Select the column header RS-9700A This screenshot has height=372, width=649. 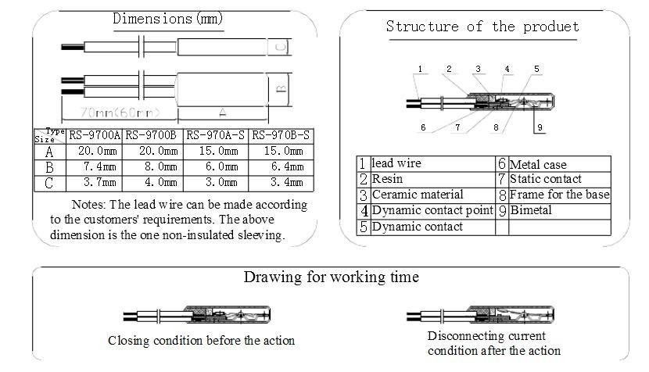95,135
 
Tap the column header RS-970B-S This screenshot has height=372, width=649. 281,135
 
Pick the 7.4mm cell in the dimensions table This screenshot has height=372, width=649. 95,166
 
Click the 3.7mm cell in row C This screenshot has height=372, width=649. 95,182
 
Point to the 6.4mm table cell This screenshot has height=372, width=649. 281,166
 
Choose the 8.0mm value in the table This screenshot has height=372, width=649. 152,166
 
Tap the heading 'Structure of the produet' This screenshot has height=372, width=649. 482,27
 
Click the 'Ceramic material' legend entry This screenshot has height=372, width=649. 417,195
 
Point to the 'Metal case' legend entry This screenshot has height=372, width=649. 537,164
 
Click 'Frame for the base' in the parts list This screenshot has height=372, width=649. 559,195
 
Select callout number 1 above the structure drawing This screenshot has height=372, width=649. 419,70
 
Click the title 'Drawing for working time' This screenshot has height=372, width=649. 331,277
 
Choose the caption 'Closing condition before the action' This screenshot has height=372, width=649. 201,340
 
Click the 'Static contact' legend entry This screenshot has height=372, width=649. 545,179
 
